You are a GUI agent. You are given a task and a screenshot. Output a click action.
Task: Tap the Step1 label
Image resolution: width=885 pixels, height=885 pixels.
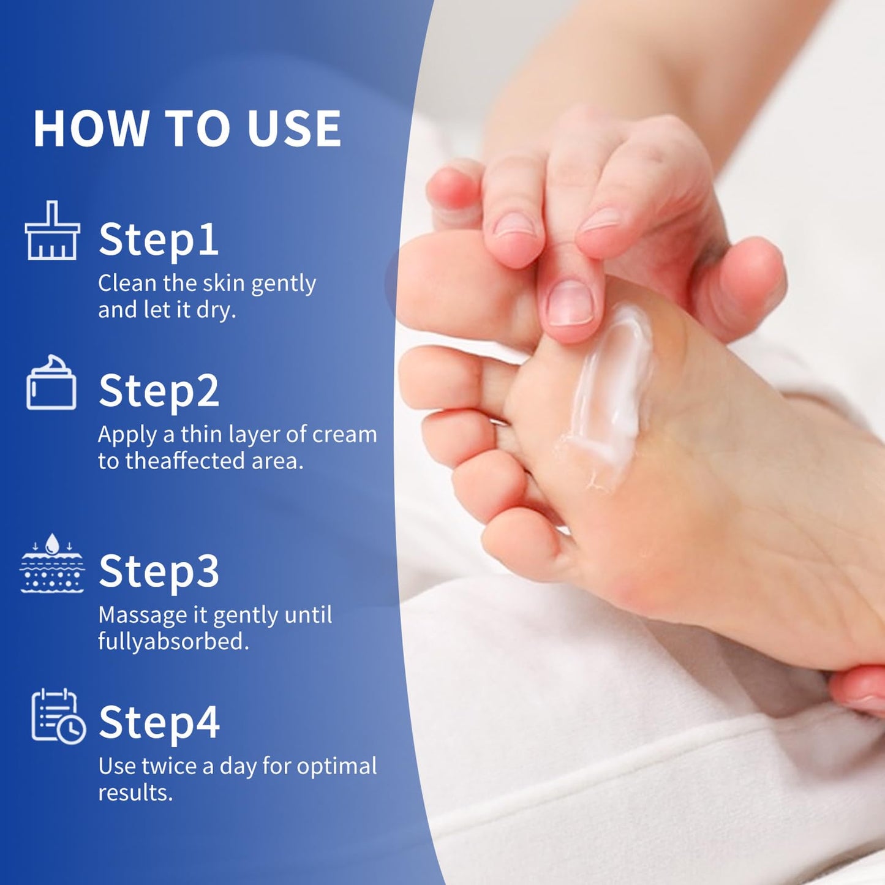coord(159,240)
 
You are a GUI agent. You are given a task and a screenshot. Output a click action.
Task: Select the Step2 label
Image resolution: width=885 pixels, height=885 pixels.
coord(159,391)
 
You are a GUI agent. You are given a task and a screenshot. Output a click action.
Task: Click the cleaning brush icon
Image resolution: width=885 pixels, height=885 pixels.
coord(52,230)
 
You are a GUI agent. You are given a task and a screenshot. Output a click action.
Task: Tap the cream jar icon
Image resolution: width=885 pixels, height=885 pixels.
coord(51,382)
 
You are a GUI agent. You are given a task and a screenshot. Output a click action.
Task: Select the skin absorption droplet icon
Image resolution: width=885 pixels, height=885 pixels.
coord(52,563)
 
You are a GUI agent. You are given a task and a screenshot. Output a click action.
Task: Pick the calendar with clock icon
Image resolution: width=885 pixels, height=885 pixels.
coord(58,717)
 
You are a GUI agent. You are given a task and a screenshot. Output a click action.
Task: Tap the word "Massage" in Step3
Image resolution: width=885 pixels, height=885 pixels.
coord(143,616)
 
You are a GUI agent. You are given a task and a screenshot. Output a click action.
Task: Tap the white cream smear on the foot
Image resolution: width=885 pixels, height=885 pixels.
coord(606,395)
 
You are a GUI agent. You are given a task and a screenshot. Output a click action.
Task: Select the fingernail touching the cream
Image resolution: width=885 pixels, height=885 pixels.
coord(570,303)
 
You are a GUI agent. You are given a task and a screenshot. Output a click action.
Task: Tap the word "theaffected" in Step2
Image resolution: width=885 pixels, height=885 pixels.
coord(184,461)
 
